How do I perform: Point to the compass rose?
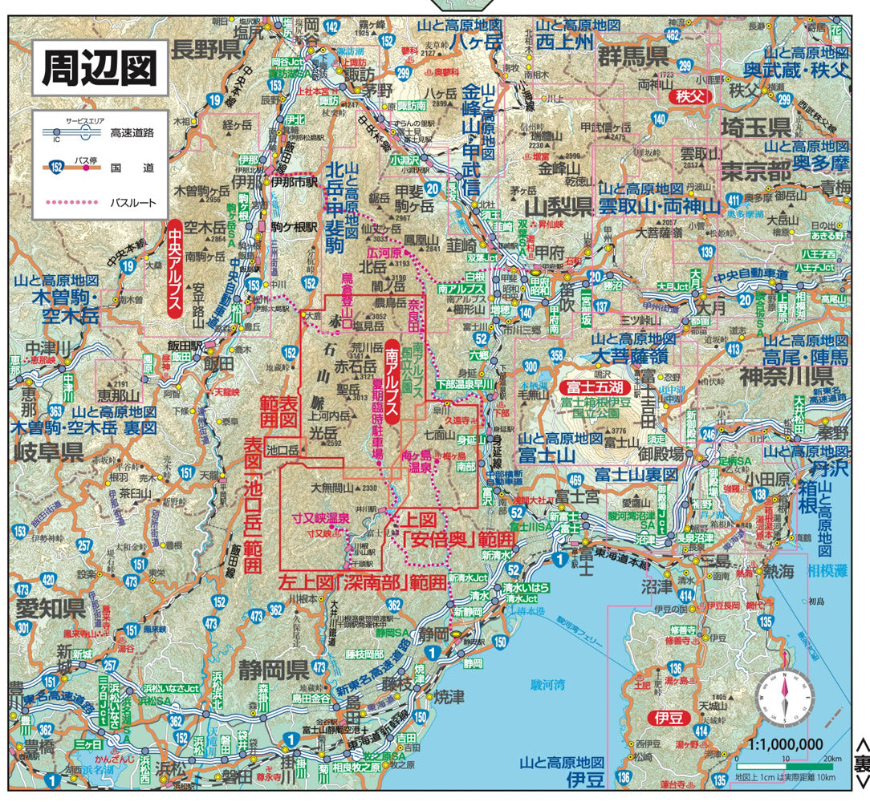tap(783, 697)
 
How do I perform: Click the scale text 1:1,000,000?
tap(786, 743)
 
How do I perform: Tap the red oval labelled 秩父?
tap(689, 96)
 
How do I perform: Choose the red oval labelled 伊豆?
tap(668, 717)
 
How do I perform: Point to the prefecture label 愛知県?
tap(50, 606)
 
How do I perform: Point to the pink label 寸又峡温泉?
tap(320, 517)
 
